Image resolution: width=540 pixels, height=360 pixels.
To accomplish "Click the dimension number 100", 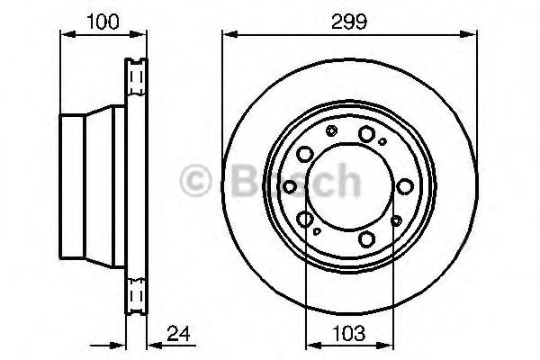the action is point(103,22).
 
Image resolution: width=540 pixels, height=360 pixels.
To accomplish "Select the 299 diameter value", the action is point(349,22).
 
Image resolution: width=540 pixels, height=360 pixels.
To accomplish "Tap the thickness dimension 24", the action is point(178,333).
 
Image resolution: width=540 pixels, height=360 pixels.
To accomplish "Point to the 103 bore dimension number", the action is point(349,333).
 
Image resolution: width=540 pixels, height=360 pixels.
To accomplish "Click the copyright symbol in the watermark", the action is point(195,180).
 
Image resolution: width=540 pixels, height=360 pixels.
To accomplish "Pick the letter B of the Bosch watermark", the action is point(246,180).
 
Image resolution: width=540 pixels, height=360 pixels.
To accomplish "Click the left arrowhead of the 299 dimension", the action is point(230,34).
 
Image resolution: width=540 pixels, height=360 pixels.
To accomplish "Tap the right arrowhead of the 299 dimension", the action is point(470,34).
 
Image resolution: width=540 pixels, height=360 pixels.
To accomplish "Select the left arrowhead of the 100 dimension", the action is point(67,34).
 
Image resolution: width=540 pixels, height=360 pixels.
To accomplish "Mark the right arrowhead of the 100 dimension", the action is point(139,34).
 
